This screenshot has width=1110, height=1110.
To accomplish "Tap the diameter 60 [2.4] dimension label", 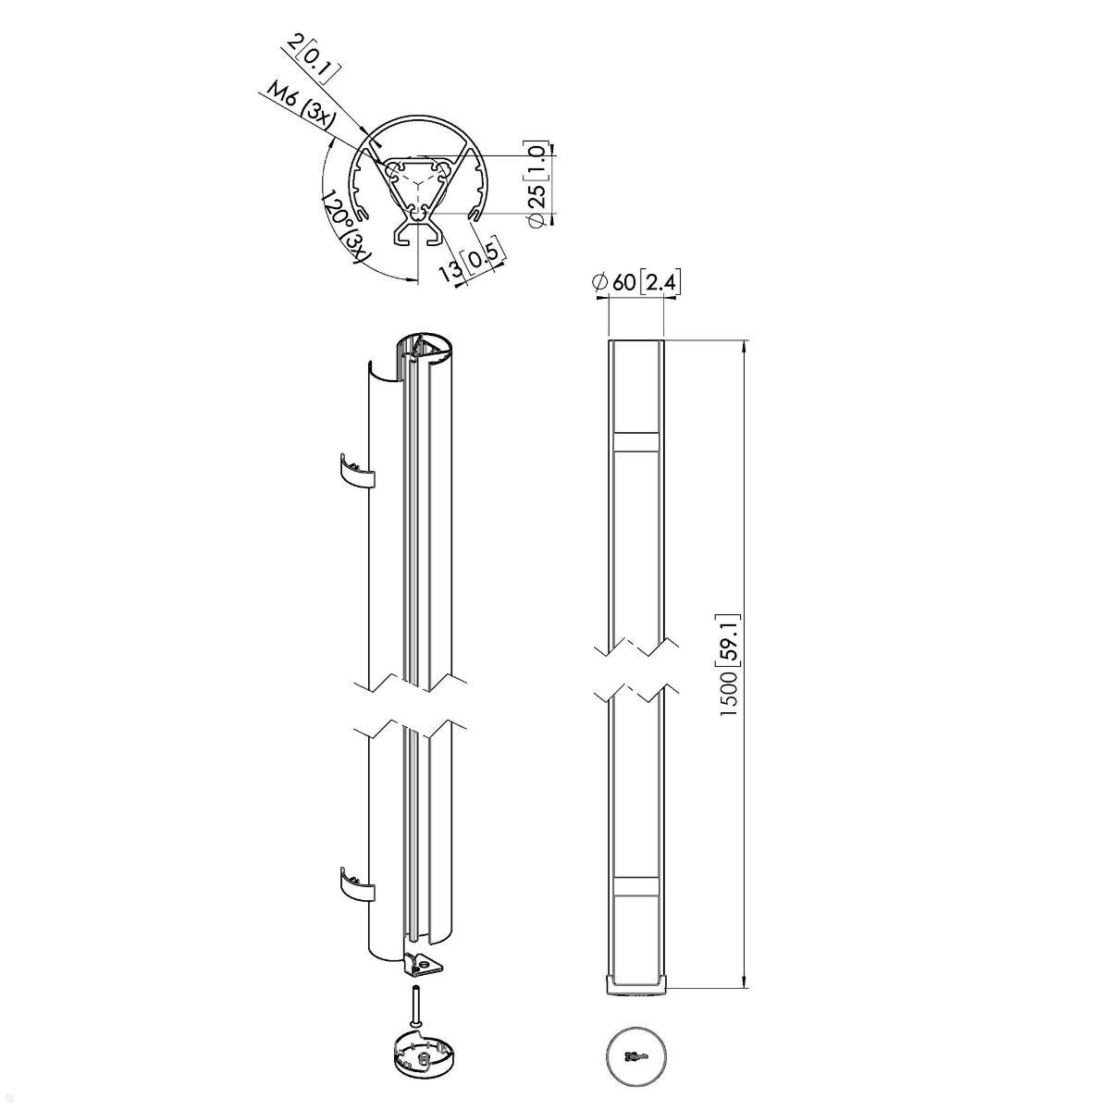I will (637, 283).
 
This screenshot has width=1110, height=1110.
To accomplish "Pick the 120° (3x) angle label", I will (343, 228).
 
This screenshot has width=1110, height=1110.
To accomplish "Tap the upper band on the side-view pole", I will (635, 441).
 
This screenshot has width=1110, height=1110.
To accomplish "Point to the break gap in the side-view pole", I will (635, 668).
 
